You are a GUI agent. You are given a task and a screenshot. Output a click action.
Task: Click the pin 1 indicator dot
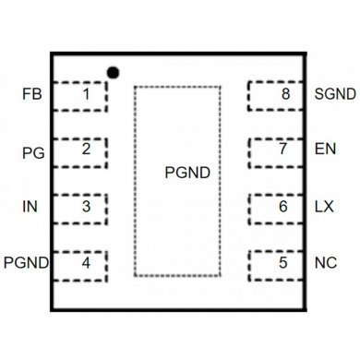pyautogui.click(x=114, y=71)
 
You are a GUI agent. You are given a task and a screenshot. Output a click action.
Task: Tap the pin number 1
pyautogui.click(x=86, y=93)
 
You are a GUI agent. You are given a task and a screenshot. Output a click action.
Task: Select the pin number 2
pyautogui.click(x=86, y=149)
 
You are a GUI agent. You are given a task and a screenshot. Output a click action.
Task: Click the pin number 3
pyautogui.click(x=86, y=206)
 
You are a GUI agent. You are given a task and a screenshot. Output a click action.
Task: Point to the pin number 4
pyautogui.click(x=86, y=263)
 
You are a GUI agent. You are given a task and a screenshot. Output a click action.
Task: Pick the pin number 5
pyautogui.click(x=283, y=263)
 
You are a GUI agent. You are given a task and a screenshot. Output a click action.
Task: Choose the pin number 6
pyautogui.click(x=283, y=206)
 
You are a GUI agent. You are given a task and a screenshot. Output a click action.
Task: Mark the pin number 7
pyautogui.click(x=283, y=149)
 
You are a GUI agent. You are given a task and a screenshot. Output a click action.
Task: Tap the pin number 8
pyautogui.click(x=285, y=93)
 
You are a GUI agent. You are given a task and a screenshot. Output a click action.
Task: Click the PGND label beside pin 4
pyautogui.click(x=26, y=264)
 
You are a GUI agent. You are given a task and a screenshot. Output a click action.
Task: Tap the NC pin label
pyautogui.click(x=325, y=264)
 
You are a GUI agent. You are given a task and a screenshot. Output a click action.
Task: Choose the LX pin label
pyautogui.click(x=324, y=207)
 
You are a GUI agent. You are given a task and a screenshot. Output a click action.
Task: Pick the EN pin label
pyautogui.click(x=324, y=150)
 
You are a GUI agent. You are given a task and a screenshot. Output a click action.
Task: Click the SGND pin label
pyautogui.click(x=333, y=94)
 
